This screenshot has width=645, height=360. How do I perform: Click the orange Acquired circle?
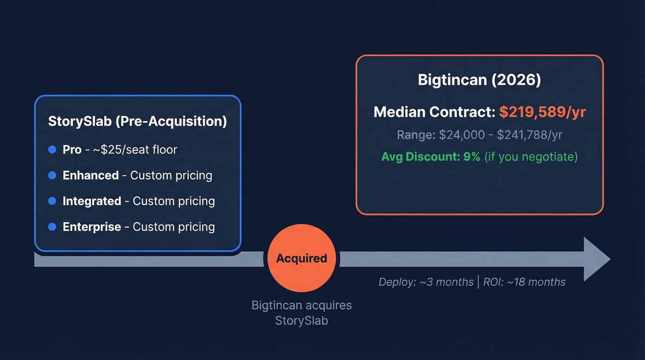(301, 259)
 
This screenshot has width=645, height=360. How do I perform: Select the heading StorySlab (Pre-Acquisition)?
(137, 122)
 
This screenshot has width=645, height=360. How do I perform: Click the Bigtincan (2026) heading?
(479, 80)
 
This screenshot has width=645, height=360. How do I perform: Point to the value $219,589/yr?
(542, 112)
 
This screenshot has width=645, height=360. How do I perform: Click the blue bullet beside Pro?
(52, 150)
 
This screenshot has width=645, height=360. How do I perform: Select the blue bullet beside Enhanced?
(52, 176)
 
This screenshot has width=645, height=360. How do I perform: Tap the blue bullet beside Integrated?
(52, 201)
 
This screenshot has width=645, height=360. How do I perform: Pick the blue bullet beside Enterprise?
(52, 227)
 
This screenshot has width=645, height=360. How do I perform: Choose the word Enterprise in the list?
(92, 227)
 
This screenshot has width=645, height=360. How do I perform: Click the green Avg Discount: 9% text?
(430, 157)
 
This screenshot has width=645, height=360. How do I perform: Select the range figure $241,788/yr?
(529, 135)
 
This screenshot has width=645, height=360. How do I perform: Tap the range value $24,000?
(462, 135)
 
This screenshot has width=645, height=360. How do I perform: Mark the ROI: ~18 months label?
(524, 282)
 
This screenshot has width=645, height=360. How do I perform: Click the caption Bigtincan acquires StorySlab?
(301, 313)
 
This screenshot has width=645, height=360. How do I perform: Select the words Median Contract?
(434, 112)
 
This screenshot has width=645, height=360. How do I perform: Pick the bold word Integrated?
(92, 201)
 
